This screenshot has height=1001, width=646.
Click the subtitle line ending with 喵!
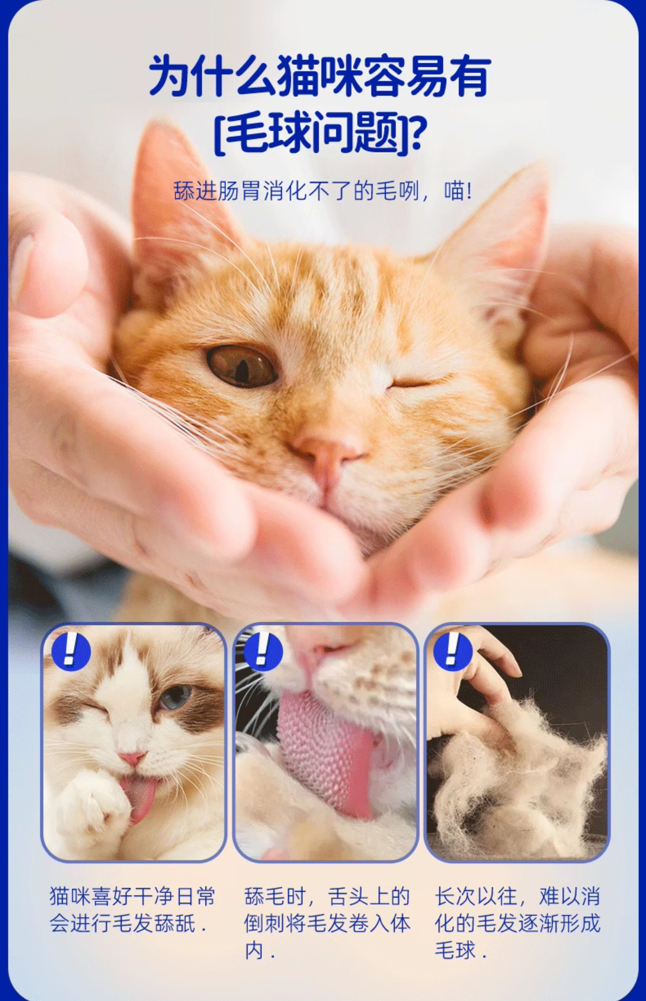click(323, 191)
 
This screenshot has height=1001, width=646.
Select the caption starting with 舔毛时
click(327, 923)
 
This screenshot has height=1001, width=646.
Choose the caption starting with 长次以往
click(517, 923)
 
